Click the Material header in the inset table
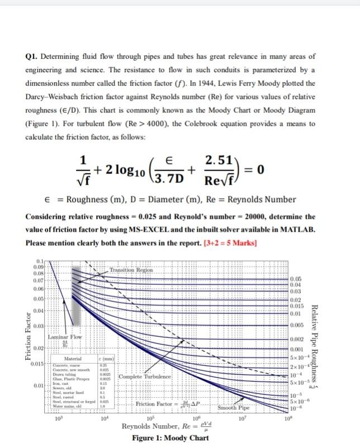(74, 359)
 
